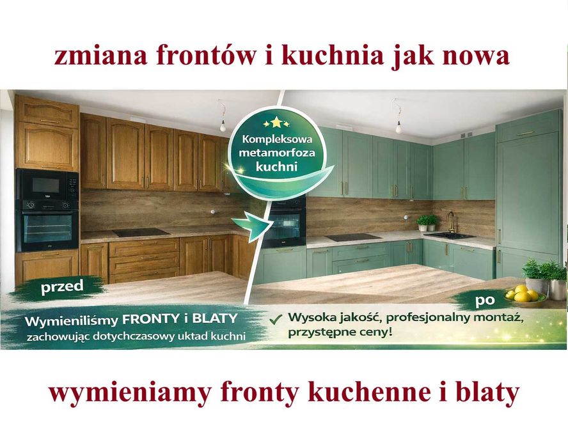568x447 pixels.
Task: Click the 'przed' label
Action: point(62,287)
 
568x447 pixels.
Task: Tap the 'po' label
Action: point(486,298)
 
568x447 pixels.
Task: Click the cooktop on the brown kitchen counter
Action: point(141,232)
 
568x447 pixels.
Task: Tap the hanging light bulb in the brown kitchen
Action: point(223,123)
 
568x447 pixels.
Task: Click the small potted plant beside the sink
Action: point(427,223)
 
